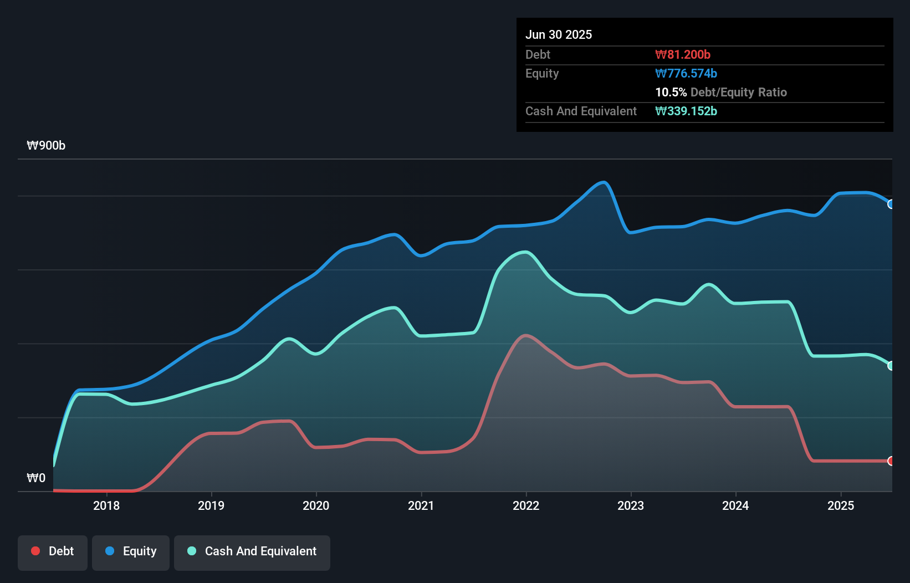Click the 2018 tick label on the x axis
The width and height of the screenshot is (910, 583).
[x=106, y=505]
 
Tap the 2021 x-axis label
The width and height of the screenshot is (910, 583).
[x=421, y=505]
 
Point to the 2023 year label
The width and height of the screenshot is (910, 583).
[x=631, y=505]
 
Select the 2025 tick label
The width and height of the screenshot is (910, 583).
[x=840, y=505]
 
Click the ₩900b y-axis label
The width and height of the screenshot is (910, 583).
[x=46, y=146]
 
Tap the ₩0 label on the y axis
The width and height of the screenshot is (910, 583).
[x=36, y=478]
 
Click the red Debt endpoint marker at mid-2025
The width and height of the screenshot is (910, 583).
[x=891, y=461]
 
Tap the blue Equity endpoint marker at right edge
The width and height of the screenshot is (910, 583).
[x=891, y=204]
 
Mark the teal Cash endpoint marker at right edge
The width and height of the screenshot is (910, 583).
[x=891, y=366]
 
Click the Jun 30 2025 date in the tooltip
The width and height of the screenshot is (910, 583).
[x=559, y=34]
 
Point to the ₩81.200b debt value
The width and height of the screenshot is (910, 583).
[x=682, y=54]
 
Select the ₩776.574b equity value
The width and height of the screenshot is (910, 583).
[x=686, y=73]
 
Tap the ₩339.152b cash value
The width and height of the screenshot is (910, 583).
[x=686, y=111]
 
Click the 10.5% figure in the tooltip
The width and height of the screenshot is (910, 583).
[x=671, y=92]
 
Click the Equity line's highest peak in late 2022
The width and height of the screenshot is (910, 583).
[x=604, y=182]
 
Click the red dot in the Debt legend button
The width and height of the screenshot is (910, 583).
[x=35, y=551]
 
